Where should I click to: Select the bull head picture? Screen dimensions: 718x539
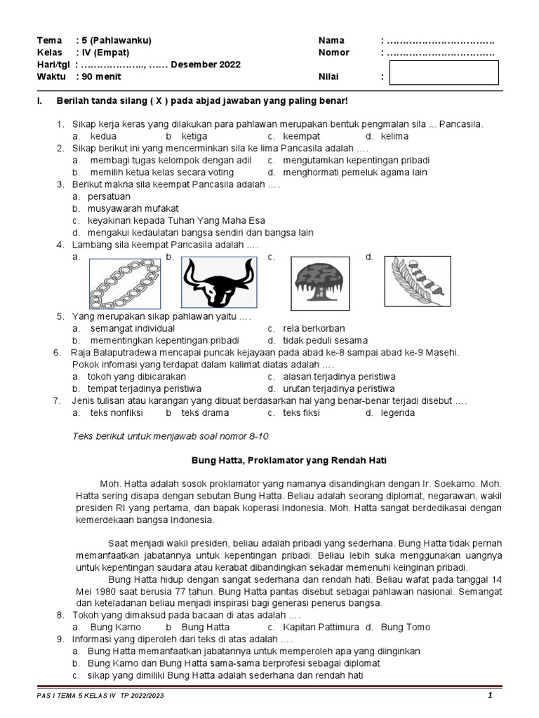[219, 282]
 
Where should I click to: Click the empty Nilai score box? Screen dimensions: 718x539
[444, 73]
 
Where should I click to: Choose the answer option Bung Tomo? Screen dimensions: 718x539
[406, 627]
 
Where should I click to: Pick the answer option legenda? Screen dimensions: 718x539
[398, 413]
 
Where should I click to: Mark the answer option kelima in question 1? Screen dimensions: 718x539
[395, 136]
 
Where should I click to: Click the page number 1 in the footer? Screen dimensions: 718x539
[490, 695]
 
